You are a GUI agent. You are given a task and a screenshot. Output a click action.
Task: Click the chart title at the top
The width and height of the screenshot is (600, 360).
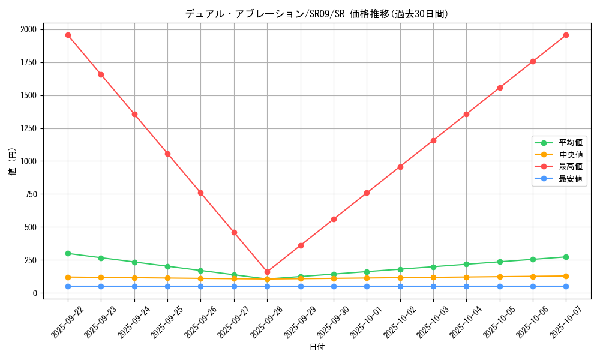tap(317, 14)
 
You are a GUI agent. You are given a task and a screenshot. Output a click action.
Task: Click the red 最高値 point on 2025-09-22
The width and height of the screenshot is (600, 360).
tap(68, 35)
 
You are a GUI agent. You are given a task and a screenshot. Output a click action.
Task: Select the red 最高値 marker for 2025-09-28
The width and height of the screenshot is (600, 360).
tap(267, 272)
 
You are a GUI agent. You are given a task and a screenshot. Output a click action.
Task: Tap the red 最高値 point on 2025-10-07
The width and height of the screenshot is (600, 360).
tap(566, 35)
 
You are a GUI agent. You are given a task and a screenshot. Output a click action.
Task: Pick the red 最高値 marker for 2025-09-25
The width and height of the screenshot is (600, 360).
tap(167, 154)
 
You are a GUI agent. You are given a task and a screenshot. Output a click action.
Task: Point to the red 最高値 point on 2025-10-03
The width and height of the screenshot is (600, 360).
tap(433, 140)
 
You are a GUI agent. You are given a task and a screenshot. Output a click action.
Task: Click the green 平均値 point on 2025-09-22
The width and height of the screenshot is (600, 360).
tap(68, 253)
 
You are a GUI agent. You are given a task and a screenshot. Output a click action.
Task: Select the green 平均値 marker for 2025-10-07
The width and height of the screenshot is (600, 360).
tap(566, 257)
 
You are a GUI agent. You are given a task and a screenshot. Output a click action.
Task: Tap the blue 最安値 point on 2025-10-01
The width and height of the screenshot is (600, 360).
tap(367, 286)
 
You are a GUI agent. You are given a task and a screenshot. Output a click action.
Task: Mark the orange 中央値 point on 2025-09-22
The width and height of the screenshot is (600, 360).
tap(68, 277)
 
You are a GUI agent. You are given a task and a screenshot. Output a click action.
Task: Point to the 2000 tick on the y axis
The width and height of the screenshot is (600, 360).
tap(28, 29)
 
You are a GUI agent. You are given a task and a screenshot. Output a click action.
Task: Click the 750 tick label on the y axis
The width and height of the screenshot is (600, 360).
tap(31, 194)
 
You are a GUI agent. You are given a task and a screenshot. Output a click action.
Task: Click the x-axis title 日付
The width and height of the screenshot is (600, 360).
tap(317, 347)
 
